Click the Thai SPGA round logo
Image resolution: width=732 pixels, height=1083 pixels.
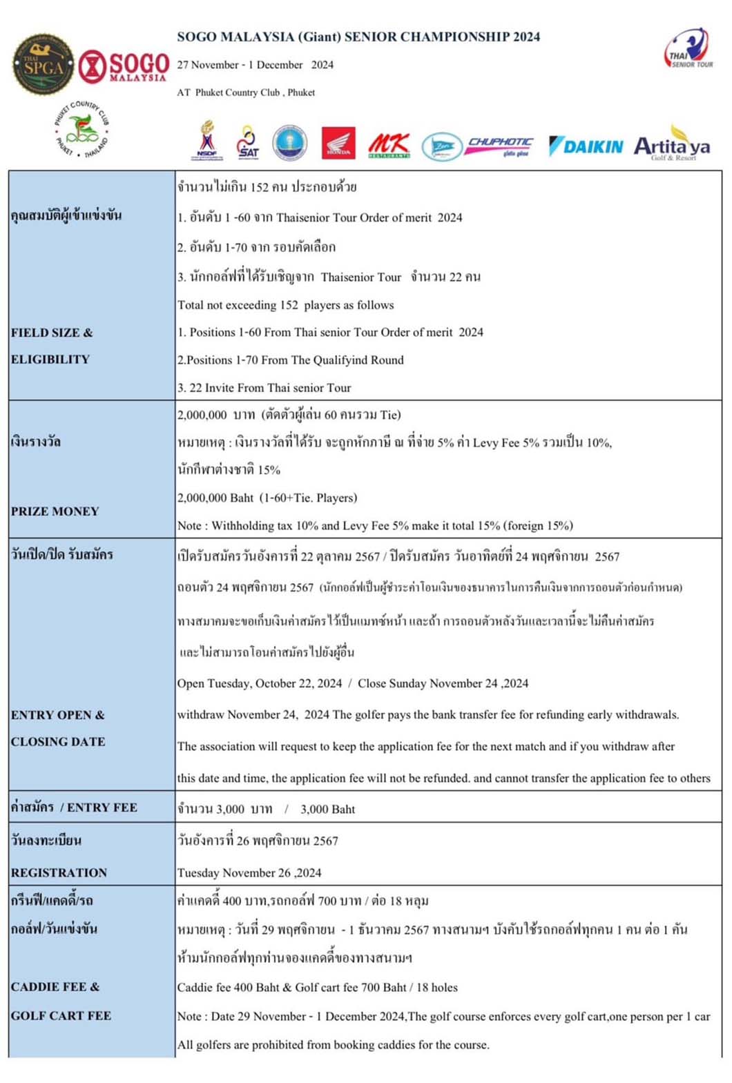44,65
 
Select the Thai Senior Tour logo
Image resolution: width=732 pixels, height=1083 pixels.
688,49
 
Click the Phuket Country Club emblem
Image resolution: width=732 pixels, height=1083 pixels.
82,129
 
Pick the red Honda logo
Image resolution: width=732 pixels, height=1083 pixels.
338,144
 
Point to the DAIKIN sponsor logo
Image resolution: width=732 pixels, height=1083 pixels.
586,146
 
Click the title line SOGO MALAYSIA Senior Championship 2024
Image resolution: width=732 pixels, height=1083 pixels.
358,37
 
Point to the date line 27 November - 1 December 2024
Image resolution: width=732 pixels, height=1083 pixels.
255,65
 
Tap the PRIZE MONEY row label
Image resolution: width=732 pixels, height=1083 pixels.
55,511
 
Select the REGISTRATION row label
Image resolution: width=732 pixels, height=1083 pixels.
59,872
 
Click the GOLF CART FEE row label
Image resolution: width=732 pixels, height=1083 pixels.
61,1015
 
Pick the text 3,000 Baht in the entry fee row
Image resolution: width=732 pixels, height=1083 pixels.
327,809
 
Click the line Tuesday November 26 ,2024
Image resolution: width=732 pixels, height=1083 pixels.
249,872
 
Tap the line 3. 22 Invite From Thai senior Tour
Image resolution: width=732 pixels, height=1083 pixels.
264,388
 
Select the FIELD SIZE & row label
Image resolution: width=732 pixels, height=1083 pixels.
52,333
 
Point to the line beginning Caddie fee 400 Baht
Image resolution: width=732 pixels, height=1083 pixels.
318,987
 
